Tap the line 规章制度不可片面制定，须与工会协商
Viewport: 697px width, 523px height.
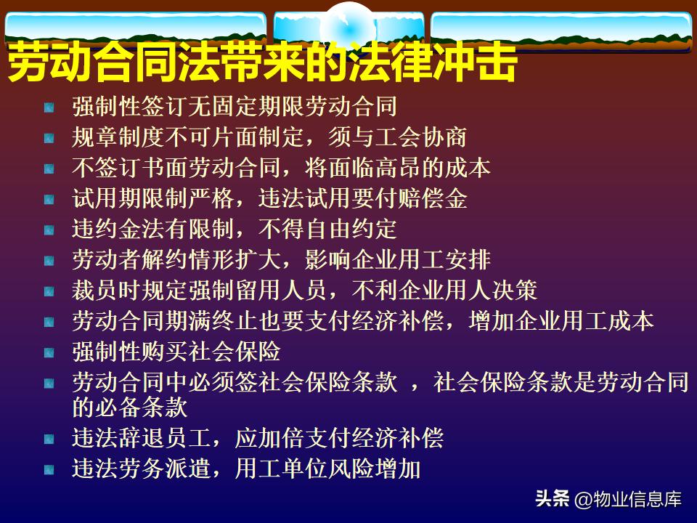coord(269,137)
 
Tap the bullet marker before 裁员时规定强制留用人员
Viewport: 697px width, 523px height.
coord(49,292)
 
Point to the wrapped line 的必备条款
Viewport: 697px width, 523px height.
coord(130,407)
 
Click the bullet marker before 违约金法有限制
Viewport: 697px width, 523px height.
coord(49,230)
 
